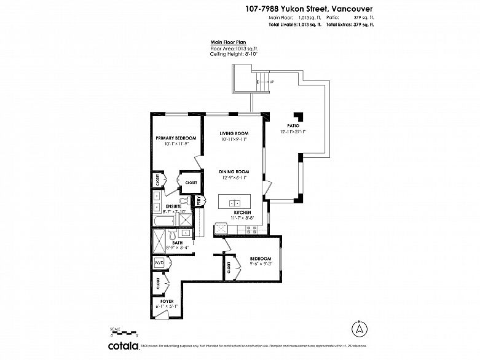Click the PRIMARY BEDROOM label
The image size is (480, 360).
coord(175,138)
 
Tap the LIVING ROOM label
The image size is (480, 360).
coord(234,133)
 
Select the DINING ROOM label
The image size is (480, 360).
coord(234,171)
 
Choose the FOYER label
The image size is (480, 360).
coord(167,300)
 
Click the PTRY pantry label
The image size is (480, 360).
coord(199,200)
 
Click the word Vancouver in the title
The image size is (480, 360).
coord(344,9)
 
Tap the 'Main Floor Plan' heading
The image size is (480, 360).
coord(229,42)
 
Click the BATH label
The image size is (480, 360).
coord(177,242)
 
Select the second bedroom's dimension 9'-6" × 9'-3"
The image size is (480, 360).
coord(261,264)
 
